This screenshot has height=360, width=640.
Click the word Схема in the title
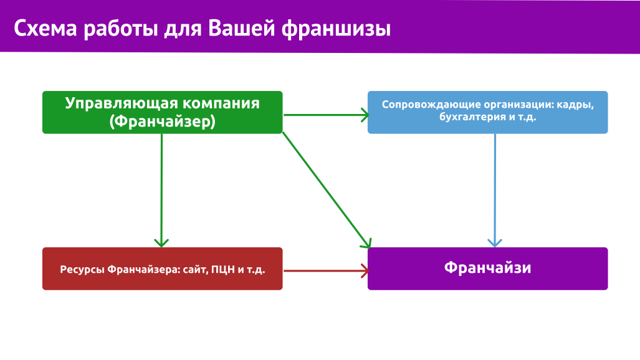pos(45,29)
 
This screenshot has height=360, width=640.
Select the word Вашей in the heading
pos(242,29)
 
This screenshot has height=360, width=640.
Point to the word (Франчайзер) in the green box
pos(163,121)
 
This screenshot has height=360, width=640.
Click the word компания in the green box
pos(221,103)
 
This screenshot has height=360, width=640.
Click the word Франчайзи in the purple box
pos(488,268)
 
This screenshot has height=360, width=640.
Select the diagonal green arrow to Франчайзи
pos(327,190)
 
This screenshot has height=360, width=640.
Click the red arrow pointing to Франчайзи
pos(326,270)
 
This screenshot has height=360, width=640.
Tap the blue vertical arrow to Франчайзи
pos(495,190)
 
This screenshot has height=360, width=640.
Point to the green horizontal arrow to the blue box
pos(326,115)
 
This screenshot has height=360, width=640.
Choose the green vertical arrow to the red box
pos(161,190)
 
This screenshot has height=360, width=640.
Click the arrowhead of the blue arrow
pos(495,244)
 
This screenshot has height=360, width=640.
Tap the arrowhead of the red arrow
pos(365,270)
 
